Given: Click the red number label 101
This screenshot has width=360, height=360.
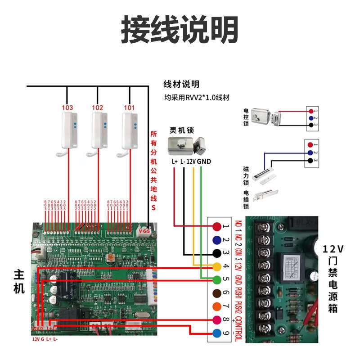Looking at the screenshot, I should tap(129, 108).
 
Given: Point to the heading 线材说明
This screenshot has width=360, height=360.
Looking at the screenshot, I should tap(180, 84).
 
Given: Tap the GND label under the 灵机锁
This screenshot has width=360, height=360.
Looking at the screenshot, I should tap(204, 162).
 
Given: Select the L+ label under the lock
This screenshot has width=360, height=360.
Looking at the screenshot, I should tap(175, 162).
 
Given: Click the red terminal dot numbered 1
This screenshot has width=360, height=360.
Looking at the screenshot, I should tap(217, 227).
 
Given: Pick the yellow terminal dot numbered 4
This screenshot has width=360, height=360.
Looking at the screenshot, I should tap(217, 266).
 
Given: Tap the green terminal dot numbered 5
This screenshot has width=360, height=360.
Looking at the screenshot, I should tap(217, 279).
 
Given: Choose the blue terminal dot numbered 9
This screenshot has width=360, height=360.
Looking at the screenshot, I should tap(217, 333).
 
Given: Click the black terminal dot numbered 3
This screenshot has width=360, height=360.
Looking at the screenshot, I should tap(217, 253).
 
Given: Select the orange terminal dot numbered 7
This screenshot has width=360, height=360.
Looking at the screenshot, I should tap(217, 306).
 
